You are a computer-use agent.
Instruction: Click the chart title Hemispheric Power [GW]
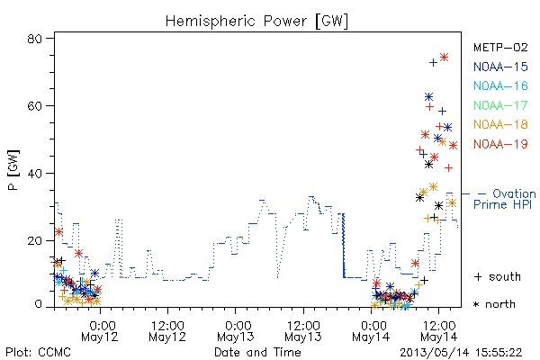tap(256, 22)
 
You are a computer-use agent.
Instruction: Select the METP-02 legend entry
tap(500, 48)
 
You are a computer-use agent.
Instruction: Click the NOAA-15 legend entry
tap(500, 67)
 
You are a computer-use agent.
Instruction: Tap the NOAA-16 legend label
tap(500, 85)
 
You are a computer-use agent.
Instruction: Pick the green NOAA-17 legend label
tap(500, 105)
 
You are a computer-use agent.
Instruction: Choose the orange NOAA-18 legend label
tap(500, 124)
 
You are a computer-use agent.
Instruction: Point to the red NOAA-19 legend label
tap(500, 144)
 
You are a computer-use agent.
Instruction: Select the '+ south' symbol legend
tap(498, 276)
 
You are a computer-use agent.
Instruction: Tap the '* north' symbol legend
tap(494, 304)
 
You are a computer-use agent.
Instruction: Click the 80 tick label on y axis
tap(34, 39)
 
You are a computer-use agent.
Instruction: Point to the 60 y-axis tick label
tap(34, 106)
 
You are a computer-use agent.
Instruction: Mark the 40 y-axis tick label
tap(34, 173)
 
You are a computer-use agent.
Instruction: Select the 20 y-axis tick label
tap(34, 240)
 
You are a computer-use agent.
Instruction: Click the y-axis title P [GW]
tap(13, 170)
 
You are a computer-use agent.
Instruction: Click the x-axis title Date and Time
tap(257, 352)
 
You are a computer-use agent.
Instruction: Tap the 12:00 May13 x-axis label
tap(303, 330)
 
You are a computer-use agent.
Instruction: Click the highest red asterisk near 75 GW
tap(445, 58)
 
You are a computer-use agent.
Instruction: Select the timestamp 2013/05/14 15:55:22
tap(461, 353)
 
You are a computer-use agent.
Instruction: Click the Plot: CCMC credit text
tap(38, 352)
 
